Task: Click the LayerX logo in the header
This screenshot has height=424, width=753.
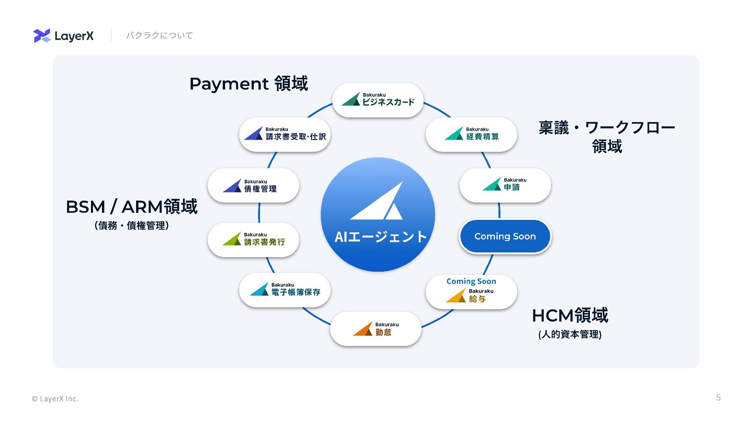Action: click(x=64, y=36)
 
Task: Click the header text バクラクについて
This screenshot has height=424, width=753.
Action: click(x=159, y=36)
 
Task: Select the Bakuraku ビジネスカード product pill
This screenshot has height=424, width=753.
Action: click(x=378, y=100)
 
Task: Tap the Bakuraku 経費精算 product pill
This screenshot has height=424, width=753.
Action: click(x=471, y=134)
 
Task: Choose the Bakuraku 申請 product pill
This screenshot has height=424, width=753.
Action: click(x=505, y=185)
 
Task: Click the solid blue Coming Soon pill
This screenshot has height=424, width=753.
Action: click(x=505, y=236)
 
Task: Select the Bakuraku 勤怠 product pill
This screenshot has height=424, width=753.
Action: click(x=376, y=329)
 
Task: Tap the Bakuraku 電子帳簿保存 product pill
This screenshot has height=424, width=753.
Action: click(x=285, y=290)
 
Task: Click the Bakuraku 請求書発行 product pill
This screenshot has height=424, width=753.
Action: click(x=253, y=239)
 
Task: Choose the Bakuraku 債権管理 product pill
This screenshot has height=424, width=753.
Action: click(x=253, y=185)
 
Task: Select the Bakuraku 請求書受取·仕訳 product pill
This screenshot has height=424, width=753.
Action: click(x=285, y=134)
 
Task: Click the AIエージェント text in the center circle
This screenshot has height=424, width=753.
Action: click(x=380, y=237)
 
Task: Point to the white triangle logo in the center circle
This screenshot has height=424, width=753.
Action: click(x=377, y=201)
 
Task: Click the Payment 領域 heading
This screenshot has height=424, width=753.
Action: click(x=249, y=84)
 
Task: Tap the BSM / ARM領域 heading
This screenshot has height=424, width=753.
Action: click(x=131, y=207)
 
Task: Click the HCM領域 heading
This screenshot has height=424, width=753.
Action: click(x=570, y=316)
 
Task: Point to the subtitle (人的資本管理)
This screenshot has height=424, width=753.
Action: click(x=570, y=334)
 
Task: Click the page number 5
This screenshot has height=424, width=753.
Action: click(x=718, y=398)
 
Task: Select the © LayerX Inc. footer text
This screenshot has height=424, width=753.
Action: click(x=55, y=399)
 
